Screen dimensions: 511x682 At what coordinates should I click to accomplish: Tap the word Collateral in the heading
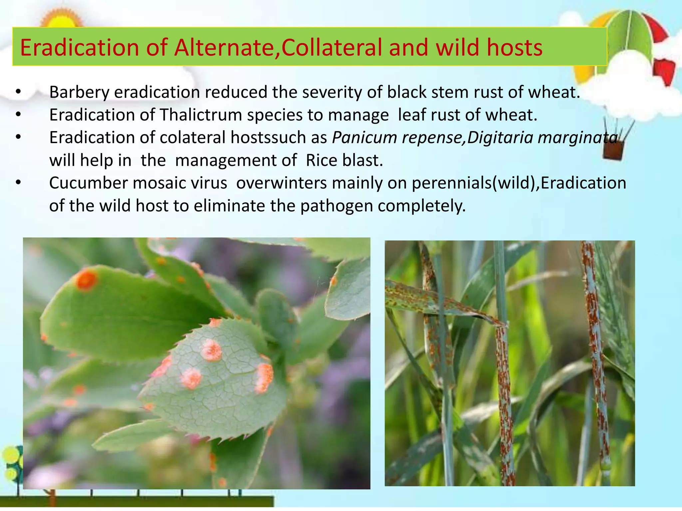click(332, 48)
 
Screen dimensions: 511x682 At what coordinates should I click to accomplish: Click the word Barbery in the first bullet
click(79, 92)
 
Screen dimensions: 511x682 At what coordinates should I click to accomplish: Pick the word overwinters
click(281, 183)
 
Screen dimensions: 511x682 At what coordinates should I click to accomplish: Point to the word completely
click(422, 206)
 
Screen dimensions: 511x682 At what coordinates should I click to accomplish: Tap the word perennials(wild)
click(473, 183)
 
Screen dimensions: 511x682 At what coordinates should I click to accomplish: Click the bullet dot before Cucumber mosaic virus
click(19, 182)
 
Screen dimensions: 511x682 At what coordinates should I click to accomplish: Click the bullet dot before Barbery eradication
click(19, 91)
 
